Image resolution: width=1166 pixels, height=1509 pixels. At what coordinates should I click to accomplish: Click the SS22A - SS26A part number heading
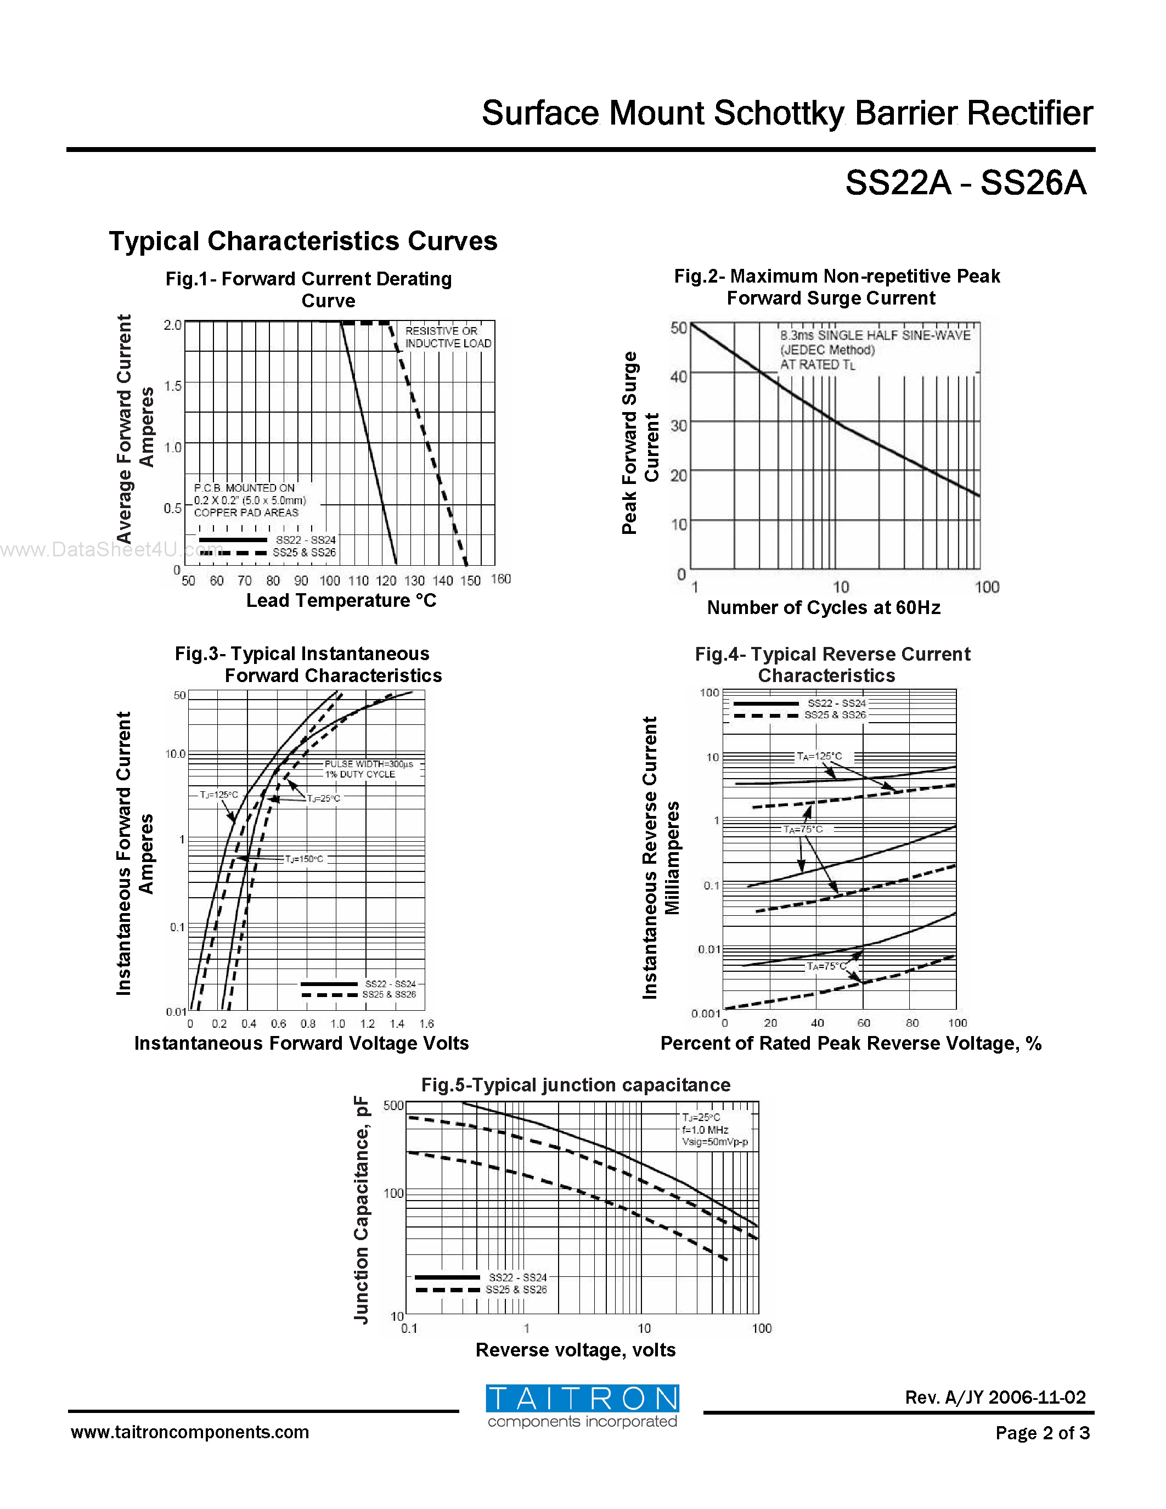pyautogui.click(x=965, y=184)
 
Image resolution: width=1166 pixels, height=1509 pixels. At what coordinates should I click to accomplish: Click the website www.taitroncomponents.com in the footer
pyautogui.click(x=190, y=1432)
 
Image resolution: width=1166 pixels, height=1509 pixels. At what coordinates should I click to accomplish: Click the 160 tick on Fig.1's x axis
pyautogui.click(x=501, y=579)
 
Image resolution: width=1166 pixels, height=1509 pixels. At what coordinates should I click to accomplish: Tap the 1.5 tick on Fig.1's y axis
pyautogui.click(x=173, y=386)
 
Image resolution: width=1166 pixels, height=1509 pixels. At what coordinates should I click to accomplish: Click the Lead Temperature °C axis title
pyautogui.click(x=341, y=600)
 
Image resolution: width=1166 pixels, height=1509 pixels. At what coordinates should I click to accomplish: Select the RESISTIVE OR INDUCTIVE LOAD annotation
pyautogui.click(x=448, y=337)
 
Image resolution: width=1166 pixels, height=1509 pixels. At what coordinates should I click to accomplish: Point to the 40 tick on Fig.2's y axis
pyautogui.click(x=678, y=376)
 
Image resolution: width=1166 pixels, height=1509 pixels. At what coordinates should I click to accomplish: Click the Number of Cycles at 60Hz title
pyautogui.click(x=824, y=607)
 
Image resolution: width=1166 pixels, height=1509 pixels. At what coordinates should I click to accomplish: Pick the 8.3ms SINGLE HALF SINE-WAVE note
pyautogui.click(x=875, y=335)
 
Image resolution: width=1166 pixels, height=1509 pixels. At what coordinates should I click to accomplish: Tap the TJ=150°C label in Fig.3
pyautogui.click(x=304, y=859)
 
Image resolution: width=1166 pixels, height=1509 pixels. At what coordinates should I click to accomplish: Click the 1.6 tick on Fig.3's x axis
pyautogui.click(x=426, y=1023)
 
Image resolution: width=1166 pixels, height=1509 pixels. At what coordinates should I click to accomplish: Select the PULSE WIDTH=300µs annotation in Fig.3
pyautogui.click(x=368, y=764)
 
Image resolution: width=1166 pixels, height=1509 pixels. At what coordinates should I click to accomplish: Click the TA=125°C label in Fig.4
pyautogui.click(x=819, y=757)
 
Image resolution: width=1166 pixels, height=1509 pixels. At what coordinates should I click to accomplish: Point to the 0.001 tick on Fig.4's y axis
pyautogui.click(x=706, y=1013)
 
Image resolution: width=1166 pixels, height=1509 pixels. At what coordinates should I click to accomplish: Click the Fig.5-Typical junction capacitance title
pyautogui.click(x=576, y=1085)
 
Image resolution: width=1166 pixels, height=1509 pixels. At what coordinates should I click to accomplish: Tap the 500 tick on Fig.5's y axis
pyautogui.click(x=393, y=1106)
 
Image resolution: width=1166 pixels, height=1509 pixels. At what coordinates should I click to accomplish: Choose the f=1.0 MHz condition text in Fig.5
pyautogui.click(x=705, y=1130)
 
